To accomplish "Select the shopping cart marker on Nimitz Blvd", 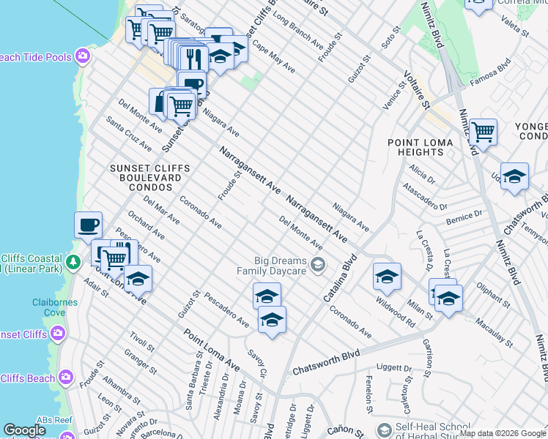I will point(484,132).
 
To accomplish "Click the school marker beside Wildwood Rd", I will point(387,276).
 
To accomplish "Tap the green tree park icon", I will point(73,262).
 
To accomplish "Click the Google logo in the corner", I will point(24,430).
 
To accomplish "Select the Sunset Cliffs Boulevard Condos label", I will point(149,178).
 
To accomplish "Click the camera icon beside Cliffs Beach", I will point(67,378).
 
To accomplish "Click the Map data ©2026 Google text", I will point(503,433).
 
